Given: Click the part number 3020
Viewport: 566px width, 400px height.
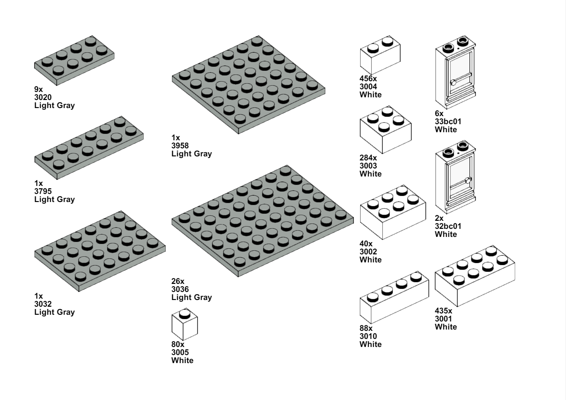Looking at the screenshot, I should pyautogui.click(x=43, y=97).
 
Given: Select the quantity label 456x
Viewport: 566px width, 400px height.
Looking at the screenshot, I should pyautogui.click(x=368, y=79).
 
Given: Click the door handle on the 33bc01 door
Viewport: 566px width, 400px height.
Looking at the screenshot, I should pyautogui.click(x=453, y=82).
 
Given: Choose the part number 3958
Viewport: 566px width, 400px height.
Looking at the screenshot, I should pyautogui.click(x=180, y=146).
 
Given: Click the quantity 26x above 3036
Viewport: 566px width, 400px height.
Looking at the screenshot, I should pyautogui.click(x=178, y=281).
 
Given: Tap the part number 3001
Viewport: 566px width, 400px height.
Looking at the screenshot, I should pyautogui.click(x=443, y=319).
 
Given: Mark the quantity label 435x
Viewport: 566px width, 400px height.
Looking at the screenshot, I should pyautogui.click(x=443, y=311).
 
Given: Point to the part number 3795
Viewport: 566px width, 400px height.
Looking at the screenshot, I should pyautogui.click(x=43, y=191).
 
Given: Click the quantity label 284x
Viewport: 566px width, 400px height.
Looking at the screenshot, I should pyautogui.click(x=368, y=158).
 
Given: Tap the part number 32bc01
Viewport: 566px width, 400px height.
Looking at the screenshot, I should pyautogui.click(x=448, y=226).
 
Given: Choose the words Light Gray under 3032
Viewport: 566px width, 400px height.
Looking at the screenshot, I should pyautogui.click(x=54, y=312).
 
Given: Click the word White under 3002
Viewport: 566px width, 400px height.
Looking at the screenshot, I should pyautogui.click(x=370, y=260).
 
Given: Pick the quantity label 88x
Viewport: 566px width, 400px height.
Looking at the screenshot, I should pyautogui.click(x=366, y=328).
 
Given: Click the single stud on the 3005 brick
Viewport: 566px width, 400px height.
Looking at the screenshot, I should pyautogui.click(x=185, y=314).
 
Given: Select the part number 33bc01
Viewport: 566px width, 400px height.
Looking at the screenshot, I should pyautogui.click(x=448, y=121).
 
